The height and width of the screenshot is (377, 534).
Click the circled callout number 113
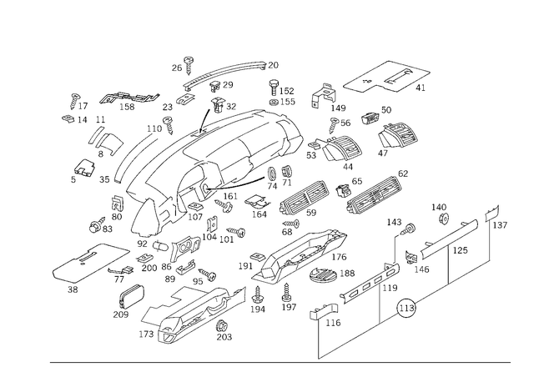click(406, 309)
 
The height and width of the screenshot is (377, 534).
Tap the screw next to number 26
click(189, 66)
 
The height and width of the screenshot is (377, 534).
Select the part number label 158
click(127, 107)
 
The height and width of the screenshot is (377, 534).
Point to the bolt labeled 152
click(274, 88)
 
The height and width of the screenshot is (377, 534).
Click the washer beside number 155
click(274, 102)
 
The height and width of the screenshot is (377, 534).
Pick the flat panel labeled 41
click(387, 77)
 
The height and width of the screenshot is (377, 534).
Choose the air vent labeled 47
click(399, 136)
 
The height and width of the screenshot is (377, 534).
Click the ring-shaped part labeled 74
click(272, 173)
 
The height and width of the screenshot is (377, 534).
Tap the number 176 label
click(339, 257)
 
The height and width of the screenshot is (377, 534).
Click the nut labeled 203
click(223, 326)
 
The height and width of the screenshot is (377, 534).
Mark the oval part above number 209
click(132, 296)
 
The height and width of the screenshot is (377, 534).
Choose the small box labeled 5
click(85, 167)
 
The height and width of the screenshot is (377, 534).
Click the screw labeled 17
click(74, 101)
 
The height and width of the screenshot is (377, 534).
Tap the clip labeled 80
click(118, 204)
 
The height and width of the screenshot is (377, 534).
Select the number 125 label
click(460, 250)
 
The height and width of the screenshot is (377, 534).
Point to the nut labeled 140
click(443, 218)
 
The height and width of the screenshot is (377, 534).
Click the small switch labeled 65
click(343, 190)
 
